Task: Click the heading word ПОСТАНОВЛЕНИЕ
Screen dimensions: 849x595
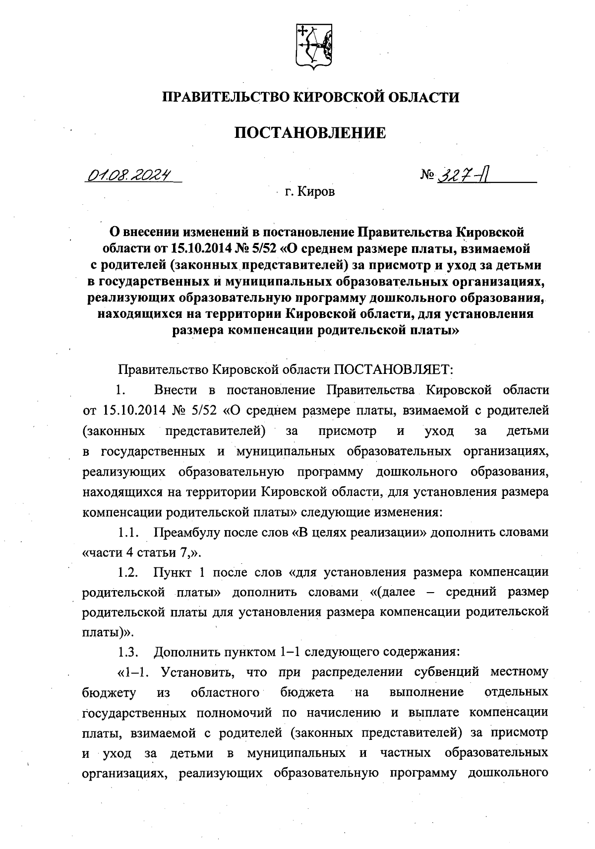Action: click(x=310, y=133)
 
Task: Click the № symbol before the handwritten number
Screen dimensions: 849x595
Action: click(x=427, y=175)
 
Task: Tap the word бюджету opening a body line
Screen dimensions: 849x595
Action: click(x=108, y=693)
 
